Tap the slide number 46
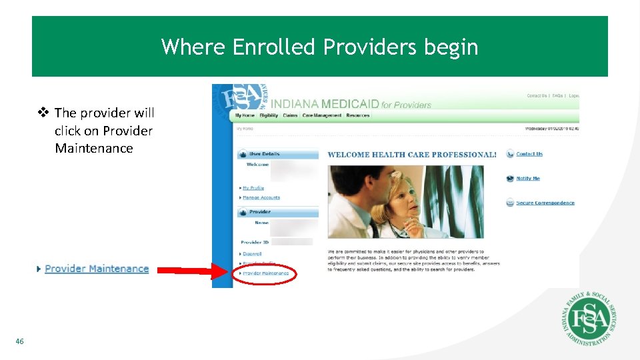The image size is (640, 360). click(x=19, y=341)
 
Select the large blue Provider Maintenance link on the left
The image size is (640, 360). click(x=97, y=269)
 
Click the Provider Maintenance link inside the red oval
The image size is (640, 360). click(x=266, y=273)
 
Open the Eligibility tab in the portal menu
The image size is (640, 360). click(x=269, y=116)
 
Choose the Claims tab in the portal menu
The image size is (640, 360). click(x=290, y=116)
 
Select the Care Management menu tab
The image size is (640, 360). click(x=322, y=116)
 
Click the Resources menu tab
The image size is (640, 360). click(x=358, y=116)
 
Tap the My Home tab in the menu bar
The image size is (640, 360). click(x=245, y=116)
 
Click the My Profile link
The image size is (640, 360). click(x=253, y=188)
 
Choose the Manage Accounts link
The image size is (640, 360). click(x=261, y=197)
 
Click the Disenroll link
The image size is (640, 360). click(x=253, y=253)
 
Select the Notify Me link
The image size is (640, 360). click(x=528, y=179)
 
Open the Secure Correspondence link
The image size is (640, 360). click(x=545, y=203)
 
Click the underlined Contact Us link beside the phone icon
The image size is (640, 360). click(x=529, y=154)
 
